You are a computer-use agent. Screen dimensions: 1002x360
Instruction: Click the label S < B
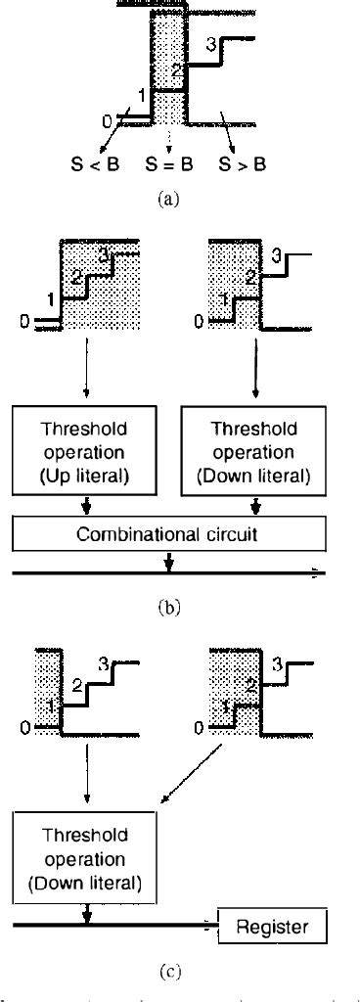(99, 163)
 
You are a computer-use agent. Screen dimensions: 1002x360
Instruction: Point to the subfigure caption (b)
(169, 606)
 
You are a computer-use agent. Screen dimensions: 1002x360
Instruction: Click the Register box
(275, 926)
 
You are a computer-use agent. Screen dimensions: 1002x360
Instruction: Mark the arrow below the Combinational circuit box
(169, 562)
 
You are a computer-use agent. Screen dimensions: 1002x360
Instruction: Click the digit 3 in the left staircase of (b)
(103, 254)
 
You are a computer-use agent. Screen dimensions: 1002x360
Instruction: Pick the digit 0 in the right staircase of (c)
(200, 728)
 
